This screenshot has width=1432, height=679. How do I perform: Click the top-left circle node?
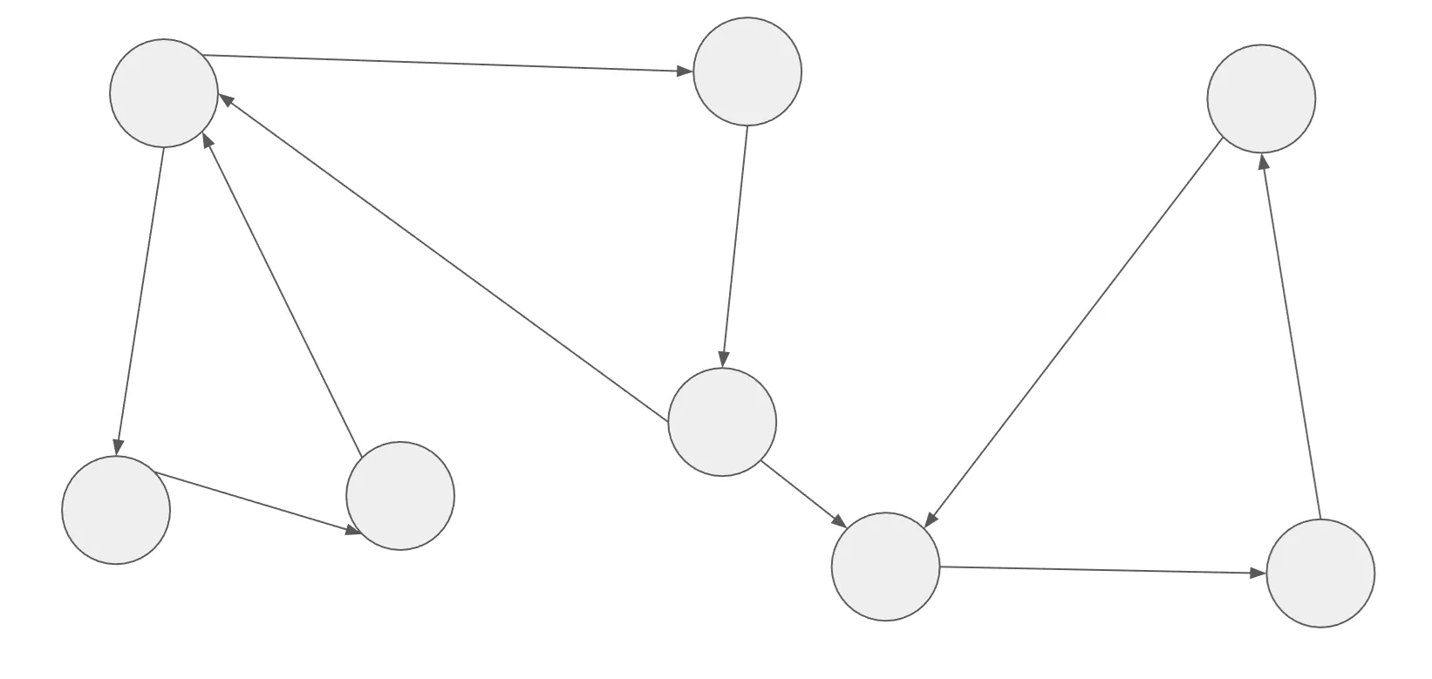pyautogui.click(x=164, y=93)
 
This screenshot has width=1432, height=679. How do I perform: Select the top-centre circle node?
pyautogui.click(x=747, y=71)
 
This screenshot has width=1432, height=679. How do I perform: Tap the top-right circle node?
pyautogui.click(x=1261, y=98)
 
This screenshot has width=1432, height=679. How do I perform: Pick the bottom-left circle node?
pyautogui.click(x=116, y=510)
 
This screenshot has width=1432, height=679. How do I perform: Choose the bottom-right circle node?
pyautogui.click(x=1320, y=574)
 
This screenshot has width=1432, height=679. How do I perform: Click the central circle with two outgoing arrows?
pyautogui.click(x=722, y=422)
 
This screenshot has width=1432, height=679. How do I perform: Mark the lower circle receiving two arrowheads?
pyautogui.click(x=886, y=567)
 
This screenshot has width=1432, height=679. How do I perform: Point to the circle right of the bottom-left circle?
pyautogui.click(x=400, y=496)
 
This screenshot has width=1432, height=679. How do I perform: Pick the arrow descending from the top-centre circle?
pyautogui.click(x=735, y=245)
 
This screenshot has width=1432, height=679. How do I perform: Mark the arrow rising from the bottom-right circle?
pyautogui.click(x=1292, y=336)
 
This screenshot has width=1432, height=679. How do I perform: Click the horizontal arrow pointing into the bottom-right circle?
pyautogui.click(x=1103, y=570)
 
